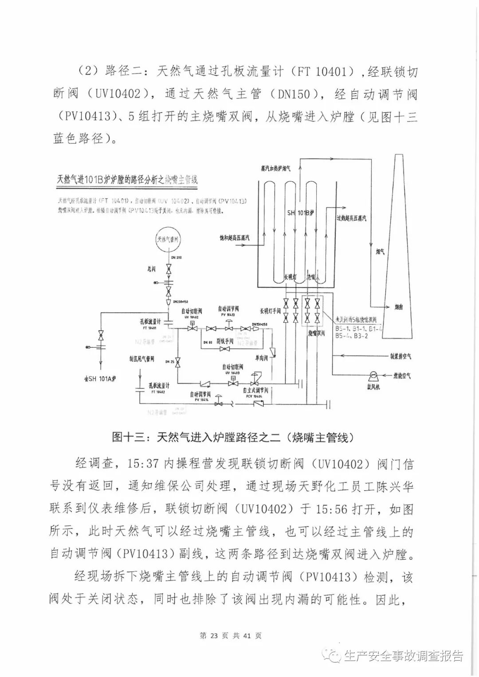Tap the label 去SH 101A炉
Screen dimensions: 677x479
(100, 379)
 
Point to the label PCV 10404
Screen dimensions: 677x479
(254, 396)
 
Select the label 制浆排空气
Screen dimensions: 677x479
(400, 356)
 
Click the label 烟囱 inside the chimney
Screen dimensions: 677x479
(401, 307)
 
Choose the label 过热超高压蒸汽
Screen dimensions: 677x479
(352, 218)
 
